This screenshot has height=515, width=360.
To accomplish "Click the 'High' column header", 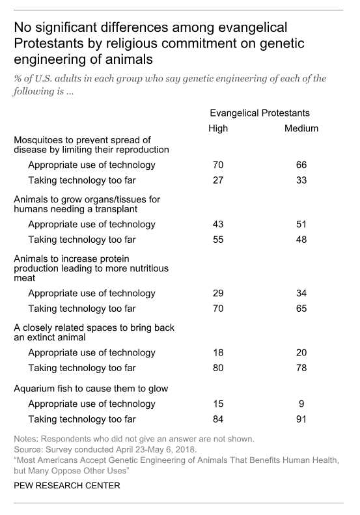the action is click(218, 128).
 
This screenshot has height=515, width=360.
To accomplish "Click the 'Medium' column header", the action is click(301, 128).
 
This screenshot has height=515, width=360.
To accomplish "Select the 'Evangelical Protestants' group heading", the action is click(260, 113).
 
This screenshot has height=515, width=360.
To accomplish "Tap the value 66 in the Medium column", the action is click(301, 165).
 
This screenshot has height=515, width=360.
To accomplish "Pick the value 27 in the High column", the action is click(218, 180).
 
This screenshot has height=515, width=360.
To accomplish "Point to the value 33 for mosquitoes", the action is click(301, 180).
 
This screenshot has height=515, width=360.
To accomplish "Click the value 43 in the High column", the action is click(218, 224).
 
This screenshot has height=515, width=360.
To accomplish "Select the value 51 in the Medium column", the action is click(301, 224).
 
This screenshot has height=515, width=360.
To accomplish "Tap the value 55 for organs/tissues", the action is click(218, 240).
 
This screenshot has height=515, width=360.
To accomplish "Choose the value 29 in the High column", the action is click(218, 293).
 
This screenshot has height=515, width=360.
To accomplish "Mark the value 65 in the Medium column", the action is click(301, 309).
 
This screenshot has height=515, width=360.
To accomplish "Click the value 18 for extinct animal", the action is click(218, 352).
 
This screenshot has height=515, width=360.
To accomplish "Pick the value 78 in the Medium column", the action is click(301, 368).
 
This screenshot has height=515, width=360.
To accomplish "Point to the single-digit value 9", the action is click(301, 404).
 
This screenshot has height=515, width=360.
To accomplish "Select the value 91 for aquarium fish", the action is click(301, 419).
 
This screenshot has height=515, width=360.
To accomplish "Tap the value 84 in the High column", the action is click(218, 419).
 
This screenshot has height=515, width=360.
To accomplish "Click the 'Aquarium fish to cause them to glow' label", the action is click(91, 389).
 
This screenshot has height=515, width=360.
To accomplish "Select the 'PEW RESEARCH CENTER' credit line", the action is click(67, 486).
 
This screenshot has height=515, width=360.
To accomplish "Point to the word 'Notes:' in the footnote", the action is click(26, 439).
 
